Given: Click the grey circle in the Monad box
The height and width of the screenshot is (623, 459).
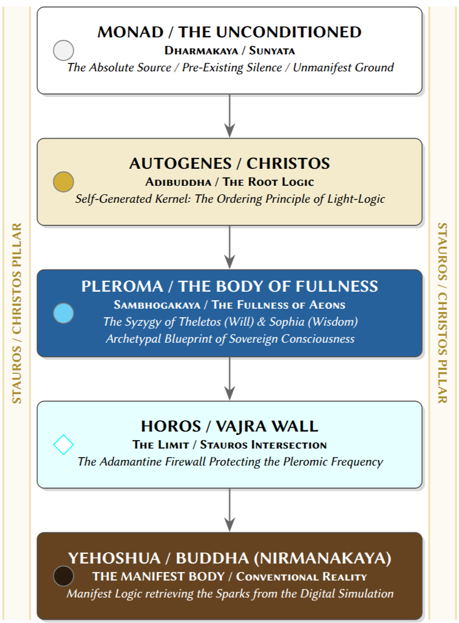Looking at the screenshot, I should (x=63, y=50).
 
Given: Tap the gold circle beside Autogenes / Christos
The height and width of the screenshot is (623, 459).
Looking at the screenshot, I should (x=63, y=182).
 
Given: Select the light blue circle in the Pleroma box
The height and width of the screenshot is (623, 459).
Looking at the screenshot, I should (x=63, y=313).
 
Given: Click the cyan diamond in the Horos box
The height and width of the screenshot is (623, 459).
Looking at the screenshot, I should (x=63, y=445).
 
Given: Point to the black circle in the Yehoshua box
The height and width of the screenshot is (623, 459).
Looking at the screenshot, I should (x=63, y=576).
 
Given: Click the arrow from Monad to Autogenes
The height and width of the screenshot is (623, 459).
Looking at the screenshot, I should (x=229, y=116).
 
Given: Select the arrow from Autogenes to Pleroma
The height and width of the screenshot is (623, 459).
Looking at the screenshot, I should (x=229, y=247).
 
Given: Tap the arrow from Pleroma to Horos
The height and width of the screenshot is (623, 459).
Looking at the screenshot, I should (x=229, y=378).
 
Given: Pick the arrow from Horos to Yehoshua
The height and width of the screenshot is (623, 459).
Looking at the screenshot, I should (x=229, y=510).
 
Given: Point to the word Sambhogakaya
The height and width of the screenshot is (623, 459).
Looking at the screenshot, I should (x=157, y=305).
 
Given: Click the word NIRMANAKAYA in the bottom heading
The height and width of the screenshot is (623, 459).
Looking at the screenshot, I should (x=322, y=558).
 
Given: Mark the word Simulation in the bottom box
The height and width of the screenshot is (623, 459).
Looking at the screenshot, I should (x=362, y=594).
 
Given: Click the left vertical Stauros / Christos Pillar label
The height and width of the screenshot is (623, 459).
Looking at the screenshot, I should (x=16, y=313).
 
